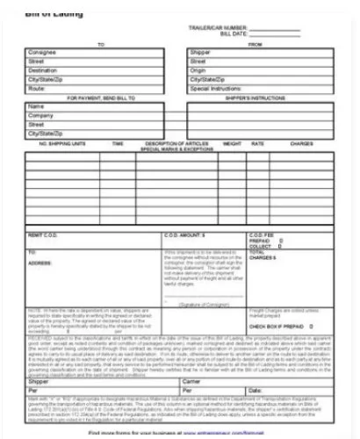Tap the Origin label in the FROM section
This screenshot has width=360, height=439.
[x=198, y=71]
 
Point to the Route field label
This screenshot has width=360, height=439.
[x=36, y=90]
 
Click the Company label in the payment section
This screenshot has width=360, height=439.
[x=40, y=115]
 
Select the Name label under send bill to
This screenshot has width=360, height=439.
[x=36, y=106]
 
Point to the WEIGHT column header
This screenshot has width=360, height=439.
[x=232, y=142]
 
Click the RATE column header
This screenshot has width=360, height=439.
[x=257, y=142]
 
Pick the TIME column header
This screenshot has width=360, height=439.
[x=118, y=142]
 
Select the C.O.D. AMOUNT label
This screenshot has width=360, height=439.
[x=184, y=235]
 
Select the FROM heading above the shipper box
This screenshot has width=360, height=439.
[x=256, y=44]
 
